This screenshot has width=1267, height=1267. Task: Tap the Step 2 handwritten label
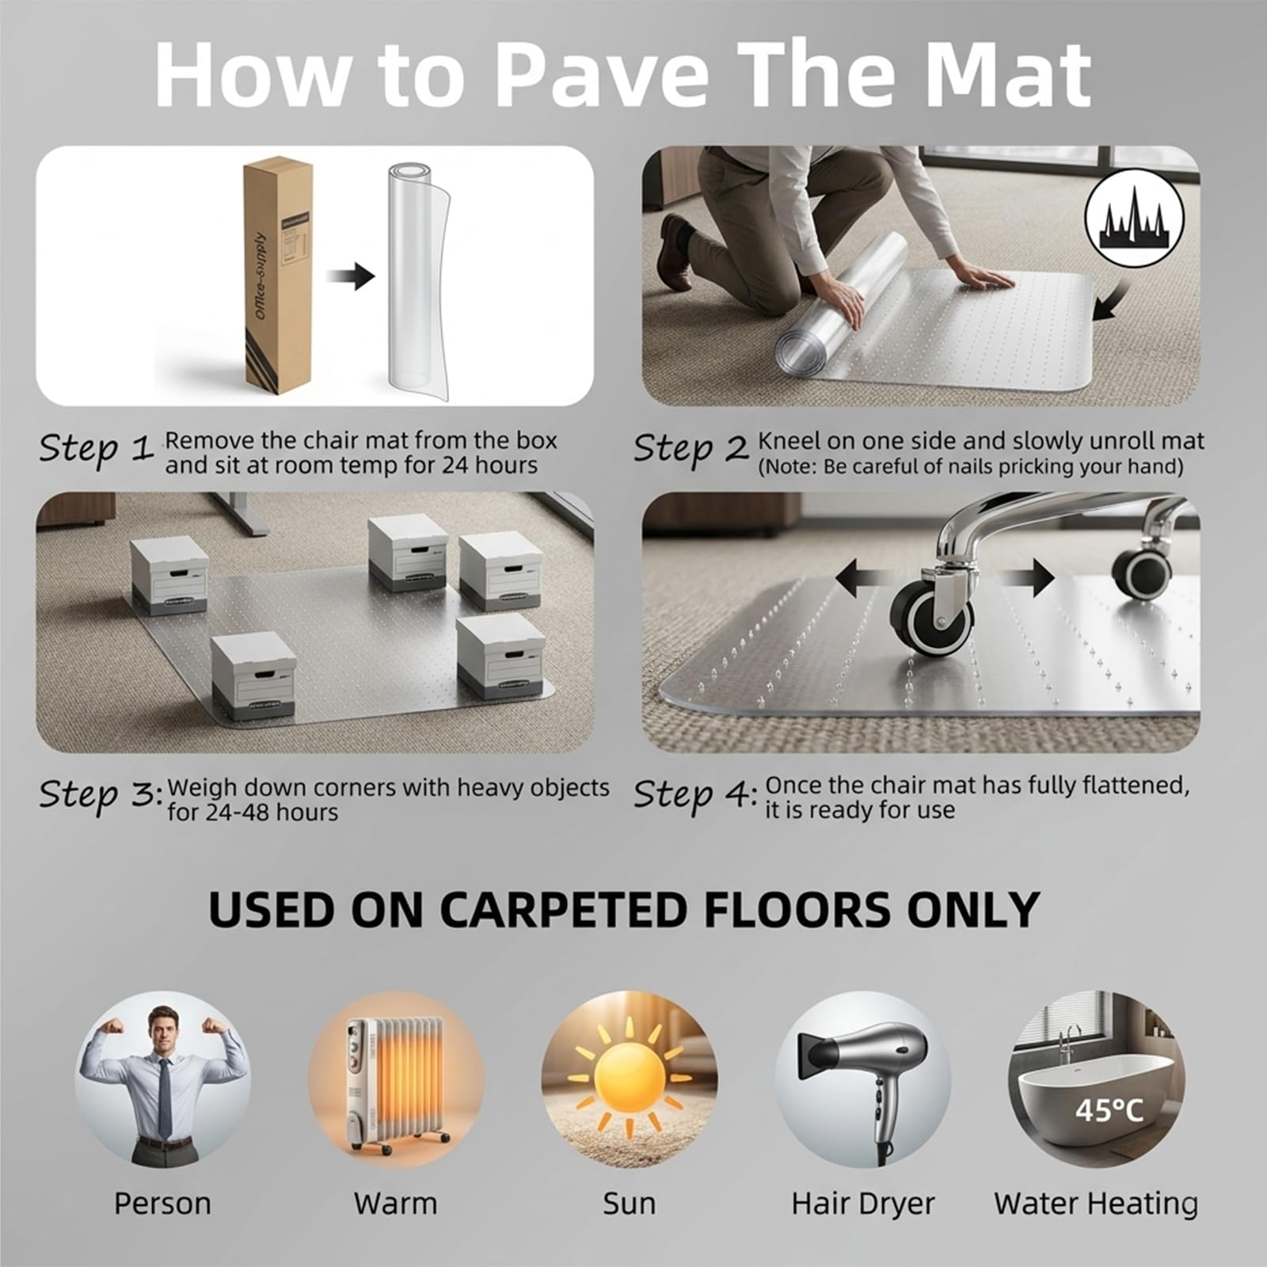pyautogui.click(x=691, y=448)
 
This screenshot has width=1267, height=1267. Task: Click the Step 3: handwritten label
pyautogui.click(x=101, y=794)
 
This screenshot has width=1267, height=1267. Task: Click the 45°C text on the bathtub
pyautogui.click(x=1109, y=1109)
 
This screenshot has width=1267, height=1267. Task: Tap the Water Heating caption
pyautogui.click(x=1096, y=1203)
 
